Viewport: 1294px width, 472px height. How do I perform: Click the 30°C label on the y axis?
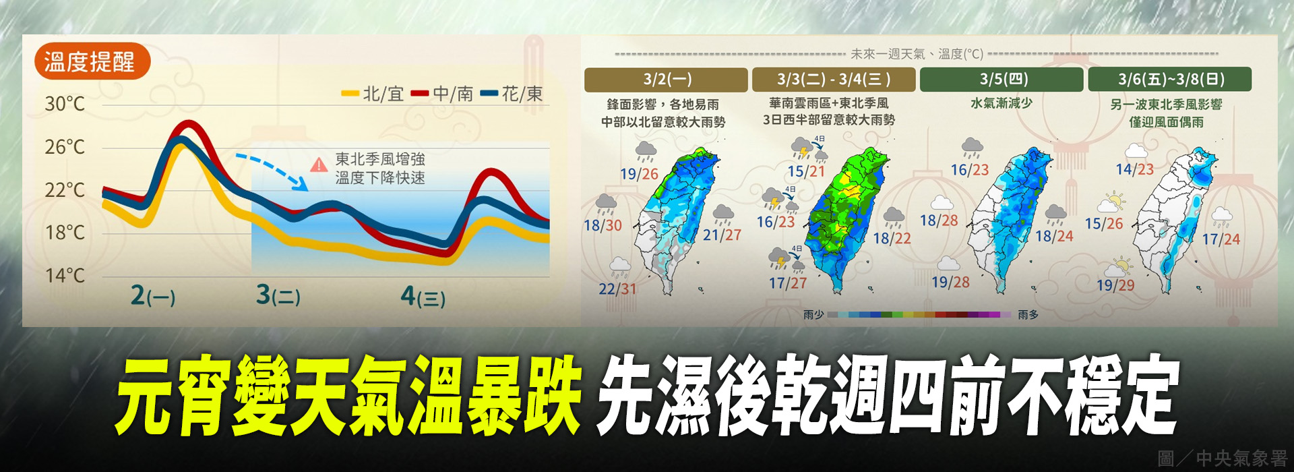65,104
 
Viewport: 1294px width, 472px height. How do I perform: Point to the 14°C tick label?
65,276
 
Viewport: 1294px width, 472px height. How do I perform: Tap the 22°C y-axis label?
65,190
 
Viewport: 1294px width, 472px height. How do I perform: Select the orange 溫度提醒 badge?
91,62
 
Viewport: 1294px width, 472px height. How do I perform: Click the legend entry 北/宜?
374,94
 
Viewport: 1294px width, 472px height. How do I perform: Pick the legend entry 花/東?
513,94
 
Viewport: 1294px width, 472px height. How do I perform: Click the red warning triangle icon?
318,165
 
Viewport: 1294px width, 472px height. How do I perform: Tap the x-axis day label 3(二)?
278,295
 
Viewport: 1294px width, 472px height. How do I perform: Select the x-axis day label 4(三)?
423,296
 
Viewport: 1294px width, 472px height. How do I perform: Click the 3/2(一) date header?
667,80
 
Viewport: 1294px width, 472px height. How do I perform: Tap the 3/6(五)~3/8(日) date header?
1171,80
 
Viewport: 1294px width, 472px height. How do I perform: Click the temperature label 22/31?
617,289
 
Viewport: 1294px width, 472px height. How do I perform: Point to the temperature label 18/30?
603,225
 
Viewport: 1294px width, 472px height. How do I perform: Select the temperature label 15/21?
806,171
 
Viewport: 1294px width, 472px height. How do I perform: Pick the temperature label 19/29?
1115,285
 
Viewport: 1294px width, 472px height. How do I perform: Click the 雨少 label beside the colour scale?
813,315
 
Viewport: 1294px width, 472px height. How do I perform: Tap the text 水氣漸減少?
1001,103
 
